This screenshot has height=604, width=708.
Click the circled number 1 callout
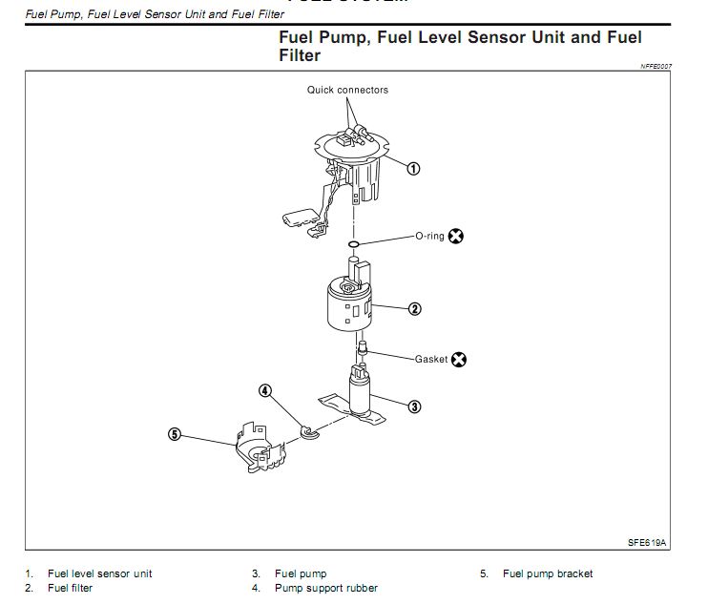point(413,168)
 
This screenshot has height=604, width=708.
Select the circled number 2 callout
point(415,309)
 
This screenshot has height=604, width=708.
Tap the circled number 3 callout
point(414,406)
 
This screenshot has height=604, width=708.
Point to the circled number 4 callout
point(265,389)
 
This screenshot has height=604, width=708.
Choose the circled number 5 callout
point(174,433)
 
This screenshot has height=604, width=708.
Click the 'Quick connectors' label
point(347,91)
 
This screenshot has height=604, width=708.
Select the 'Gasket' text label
point(431,360)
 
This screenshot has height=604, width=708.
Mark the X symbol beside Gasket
point(459,361)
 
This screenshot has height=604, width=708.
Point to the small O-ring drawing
point(353,245)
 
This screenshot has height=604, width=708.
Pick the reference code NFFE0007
point(656,66)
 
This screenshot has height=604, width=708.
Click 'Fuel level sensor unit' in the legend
point(99,573)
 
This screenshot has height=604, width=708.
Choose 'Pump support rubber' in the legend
point(325,589)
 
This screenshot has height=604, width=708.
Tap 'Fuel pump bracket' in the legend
point(548,573)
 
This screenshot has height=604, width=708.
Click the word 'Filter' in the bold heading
point(300,55)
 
